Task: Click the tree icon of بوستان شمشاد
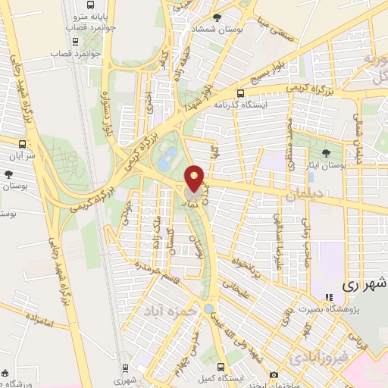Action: (217, 17)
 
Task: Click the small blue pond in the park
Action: (208, 308)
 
